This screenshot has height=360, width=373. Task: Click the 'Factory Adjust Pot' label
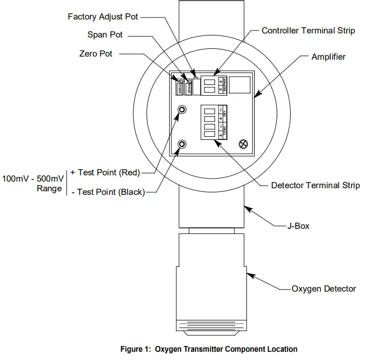click(103, 16)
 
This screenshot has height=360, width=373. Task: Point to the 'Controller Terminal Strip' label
click(308, 31)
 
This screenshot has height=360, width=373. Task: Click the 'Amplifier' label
click(328, 57)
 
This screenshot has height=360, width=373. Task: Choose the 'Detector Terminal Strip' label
click(315, 185)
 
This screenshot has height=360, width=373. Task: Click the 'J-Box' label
click(298, 225)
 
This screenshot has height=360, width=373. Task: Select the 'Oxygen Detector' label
click(324, 289)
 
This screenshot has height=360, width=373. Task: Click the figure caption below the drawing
click(209, 349)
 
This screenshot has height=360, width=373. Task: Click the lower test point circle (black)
click(182, 145)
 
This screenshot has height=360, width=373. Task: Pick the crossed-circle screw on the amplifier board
click(242, 145)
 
